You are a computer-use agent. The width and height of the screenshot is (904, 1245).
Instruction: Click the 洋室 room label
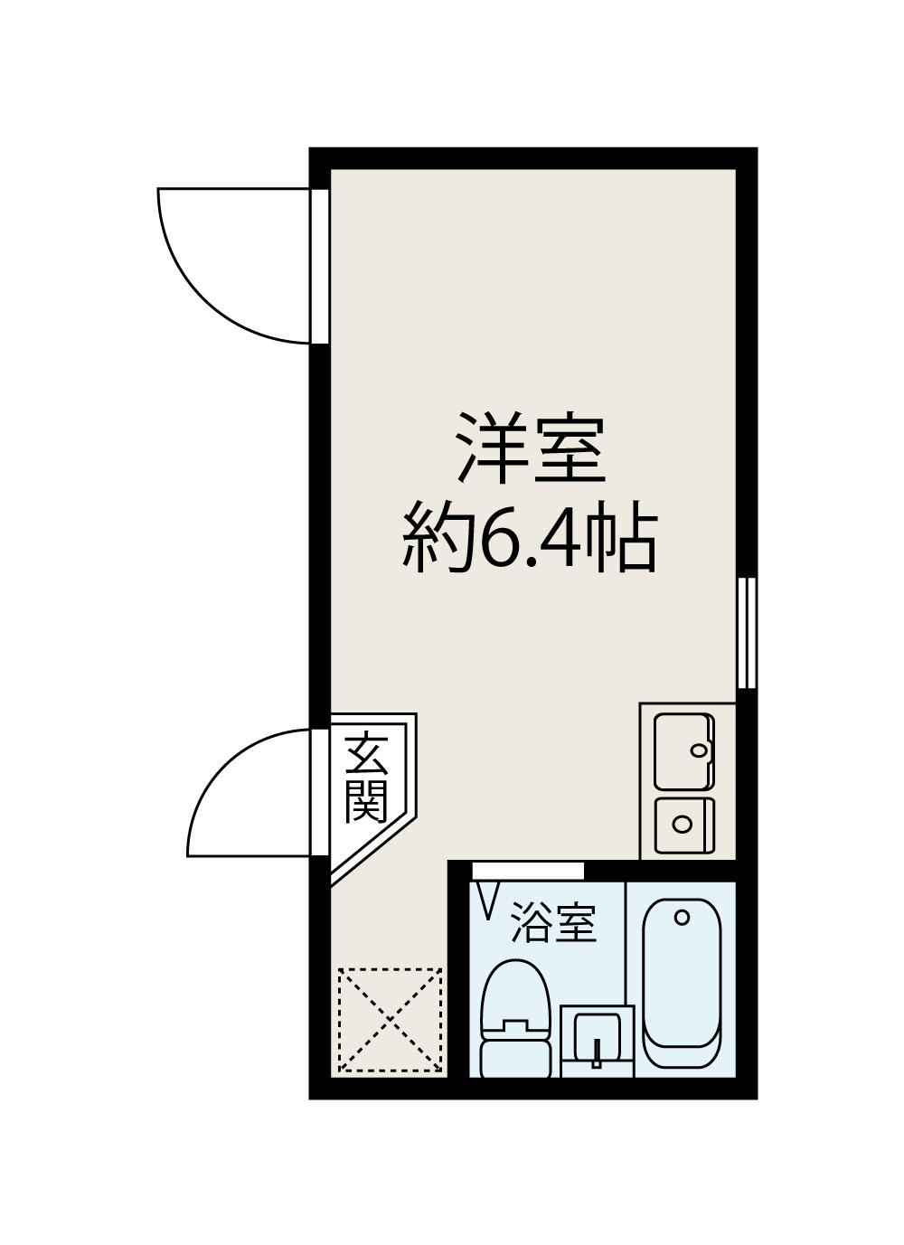(x=530, y=448)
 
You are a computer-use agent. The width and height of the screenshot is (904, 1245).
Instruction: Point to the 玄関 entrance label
(x=365, y=778)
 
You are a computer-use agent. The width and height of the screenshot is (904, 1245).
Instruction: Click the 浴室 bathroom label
(x=553, y=923)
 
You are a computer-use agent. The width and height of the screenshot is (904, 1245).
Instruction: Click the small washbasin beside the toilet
(x=596, y=1040)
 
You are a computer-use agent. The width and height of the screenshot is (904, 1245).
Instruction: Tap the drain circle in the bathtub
(x=683, y=917)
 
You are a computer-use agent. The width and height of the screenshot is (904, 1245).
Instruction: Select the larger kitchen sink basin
(x=683, y=750)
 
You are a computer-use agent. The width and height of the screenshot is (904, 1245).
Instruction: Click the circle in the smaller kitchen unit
(x=683, y=824)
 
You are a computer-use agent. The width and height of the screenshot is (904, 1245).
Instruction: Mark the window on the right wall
(x=747, y=633)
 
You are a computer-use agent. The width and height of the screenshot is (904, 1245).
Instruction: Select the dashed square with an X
(x=390, y=1021)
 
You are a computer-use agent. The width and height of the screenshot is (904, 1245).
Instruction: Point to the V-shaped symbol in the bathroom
(x=488, y=901)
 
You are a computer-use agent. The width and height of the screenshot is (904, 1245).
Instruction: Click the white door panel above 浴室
(x=528, y=871)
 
